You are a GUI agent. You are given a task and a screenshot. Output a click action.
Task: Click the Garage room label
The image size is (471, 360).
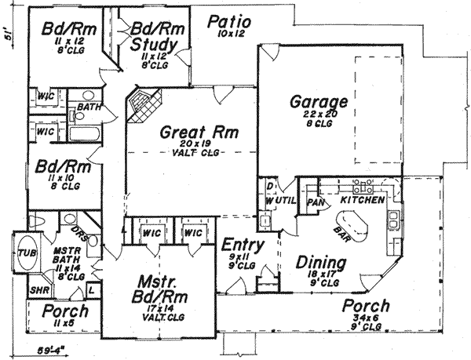click(x=319, y=103)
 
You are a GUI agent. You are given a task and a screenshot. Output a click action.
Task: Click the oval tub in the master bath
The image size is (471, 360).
click(x=27, y=252)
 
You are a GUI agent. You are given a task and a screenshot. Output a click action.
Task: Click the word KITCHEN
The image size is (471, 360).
click(x=362, y=201)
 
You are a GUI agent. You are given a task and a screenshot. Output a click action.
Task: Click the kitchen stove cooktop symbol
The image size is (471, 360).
click(x=363, y=187)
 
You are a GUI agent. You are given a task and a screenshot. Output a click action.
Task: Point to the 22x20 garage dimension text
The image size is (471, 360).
click(x=318, y=115)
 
